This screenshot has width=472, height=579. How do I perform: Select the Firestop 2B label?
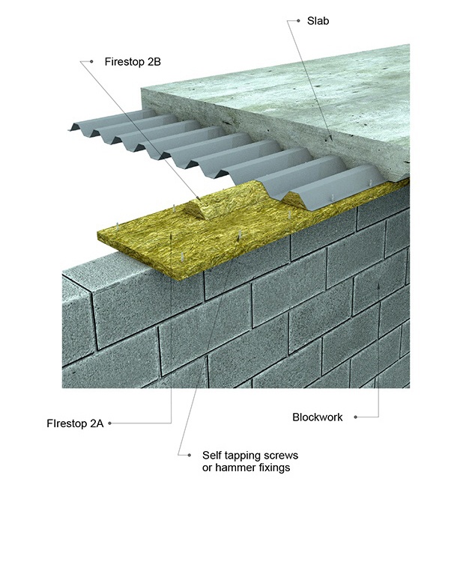[133, 61]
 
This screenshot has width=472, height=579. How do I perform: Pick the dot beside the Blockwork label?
[355, 417]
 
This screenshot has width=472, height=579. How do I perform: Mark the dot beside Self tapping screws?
[180, 454]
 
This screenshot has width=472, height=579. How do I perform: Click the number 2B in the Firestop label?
[153, 61]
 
